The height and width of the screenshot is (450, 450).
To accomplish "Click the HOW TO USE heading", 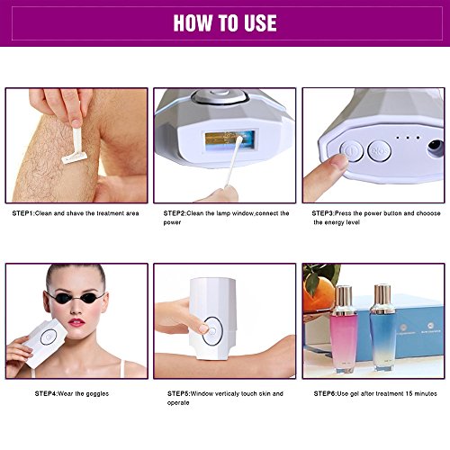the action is pos(225,22).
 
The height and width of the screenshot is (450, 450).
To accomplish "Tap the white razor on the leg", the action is pos(75,146).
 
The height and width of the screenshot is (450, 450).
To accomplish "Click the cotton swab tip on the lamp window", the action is pos(239,140).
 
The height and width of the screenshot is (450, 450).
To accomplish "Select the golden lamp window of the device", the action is pos(230,142).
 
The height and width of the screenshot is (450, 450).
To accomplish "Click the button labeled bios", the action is pos(380,151).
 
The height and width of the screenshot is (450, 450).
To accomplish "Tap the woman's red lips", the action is pos(76,323).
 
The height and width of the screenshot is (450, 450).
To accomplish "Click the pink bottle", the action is pos(344,329).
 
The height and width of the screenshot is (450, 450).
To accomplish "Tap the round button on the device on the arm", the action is pos(212,331).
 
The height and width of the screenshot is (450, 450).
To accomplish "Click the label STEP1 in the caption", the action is pos(23,213).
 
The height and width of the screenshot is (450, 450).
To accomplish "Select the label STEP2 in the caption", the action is pos(175,213).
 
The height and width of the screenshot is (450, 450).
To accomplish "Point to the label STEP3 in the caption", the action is pos(323,213).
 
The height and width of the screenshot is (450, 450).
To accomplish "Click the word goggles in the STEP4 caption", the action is pos(97,394).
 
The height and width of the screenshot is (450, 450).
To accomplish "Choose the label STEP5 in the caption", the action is pos(178,393).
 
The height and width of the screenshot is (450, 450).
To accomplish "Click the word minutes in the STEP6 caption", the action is pos(426,393).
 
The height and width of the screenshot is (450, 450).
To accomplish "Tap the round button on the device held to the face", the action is pos(49,337).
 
